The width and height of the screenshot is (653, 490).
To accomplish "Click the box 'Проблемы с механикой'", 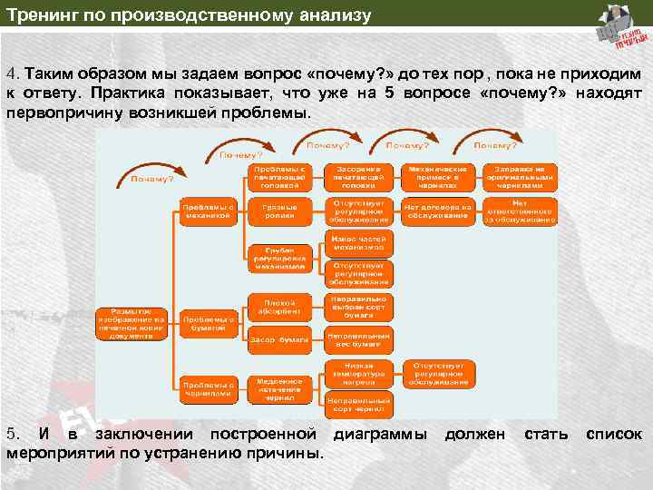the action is point(208,211).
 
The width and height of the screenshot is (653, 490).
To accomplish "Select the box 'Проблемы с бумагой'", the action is point(208,324).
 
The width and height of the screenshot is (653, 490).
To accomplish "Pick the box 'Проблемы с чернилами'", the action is point(208,388).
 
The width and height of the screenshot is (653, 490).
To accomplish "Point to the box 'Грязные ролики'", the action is point(278,211).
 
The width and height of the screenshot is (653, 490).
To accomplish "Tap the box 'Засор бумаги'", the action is point(278,340).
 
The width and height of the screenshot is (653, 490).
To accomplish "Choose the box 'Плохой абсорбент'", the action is point(278,306).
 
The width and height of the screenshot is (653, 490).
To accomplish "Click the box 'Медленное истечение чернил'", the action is point(278,388).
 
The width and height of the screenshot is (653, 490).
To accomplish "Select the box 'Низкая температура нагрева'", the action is point(358,372).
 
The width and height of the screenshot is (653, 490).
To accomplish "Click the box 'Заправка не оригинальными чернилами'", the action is point(519,177).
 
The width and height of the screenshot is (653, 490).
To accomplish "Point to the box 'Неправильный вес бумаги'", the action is point(358,340).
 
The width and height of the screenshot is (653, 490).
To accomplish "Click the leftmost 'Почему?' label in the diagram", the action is point(151,179).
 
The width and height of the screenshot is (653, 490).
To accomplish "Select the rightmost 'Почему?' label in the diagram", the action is point(495,145).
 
